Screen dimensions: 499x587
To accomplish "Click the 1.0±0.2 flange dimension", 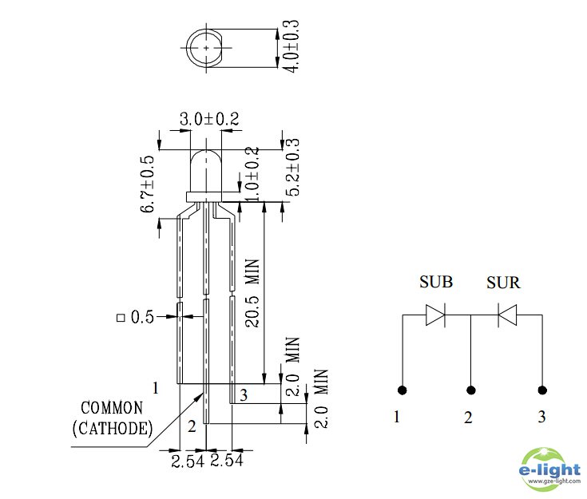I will coord(253,174).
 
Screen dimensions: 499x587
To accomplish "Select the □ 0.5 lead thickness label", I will coord(135,317).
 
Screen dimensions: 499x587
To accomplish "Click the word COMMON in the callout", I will coord(111,408).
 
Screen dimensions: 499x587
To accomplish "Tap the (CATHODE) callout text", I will coord(112,429).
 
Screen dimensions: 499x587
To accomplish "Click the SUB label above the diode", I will coord(436,283).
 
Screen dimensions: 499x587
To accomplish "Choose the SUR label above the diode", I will coord(503,283).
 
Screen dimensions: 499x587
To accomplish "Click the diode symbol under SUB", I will coord(435,315).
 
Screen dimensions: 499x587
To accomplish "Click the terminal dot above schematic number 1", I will coord(402,390).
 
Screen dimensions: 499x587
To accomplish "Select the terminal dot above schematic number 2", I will coord(471,390).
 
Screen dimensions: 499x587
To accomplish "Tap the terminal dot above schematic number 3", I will coord(543,390).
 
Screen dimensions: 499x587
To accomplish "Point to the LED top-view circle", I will coord(207,48).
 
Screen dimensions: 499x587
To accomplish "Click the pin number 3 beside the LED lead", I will coord(244,394).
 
